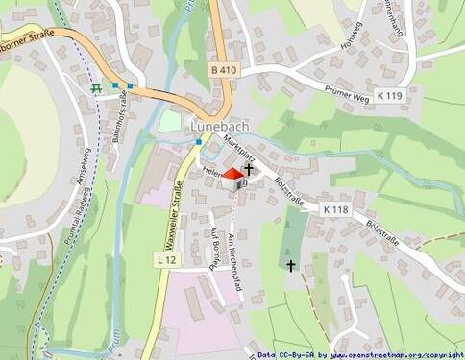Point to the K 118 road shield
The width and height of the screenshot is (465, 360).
point(335,209)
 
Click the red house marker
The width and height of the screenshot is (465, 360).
point(232,175)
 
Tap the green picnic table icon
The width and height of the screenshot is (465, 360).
point(96,88)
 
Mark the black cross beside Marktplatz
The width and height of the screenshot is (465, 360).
point(250,168)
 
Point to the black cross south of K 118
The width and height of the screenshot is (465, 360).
point(291,264)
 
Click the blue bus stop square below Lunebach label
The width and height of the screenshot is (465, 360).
point(199,142)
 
